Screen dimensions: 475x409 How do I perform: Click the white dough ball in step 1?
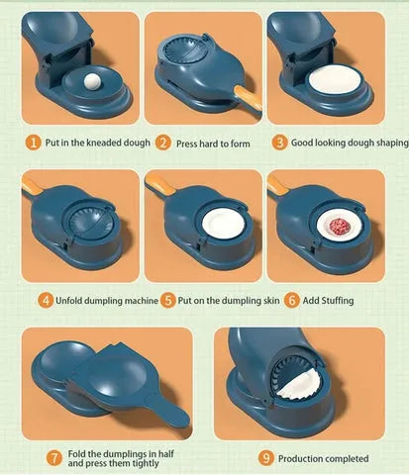click(x=91, y=83)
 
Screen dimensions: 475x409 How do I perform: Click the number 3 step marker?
click(x=280, y=142)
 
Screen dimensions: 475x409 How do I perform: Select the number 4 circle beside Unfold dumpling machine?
click(x=45, y=300)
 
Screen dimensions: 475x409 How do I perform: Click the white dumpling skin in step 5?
click(x=217, y=227)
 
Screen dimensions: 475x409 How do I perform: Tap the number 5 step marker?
click(x=168, y=300)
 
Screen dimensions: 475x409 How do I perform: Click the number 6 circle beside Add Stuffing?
click(x=291, y=300)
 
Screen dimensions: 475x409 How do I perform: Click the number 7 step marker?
click(x=54, y=458)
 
